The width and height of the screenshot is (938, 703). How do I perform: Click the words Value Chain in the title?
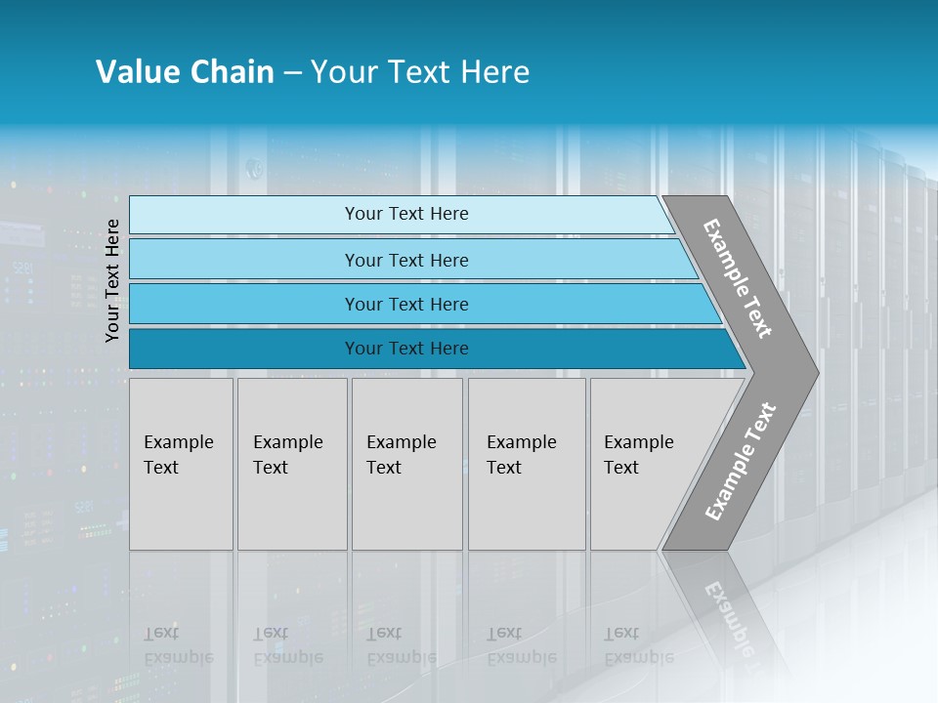(x=185, y=72)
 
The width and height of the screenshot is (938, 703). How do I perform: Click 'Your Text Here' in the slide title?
(x=420, y=72)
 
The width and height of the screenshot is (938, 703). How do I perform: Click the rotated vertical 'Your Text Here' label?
(x=113, y=280)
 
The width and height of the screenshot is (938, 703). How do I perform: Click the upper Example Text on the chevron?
(x=738, y=278)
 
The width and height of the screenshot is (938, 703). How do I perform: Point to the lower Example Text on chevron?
(x=741, y=462)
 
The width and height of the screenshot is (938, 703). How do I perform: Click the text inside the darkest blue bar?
(x=406, y=349)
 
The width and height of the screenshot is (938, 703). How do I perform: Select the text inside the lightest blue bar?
(x=406, y=214)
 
